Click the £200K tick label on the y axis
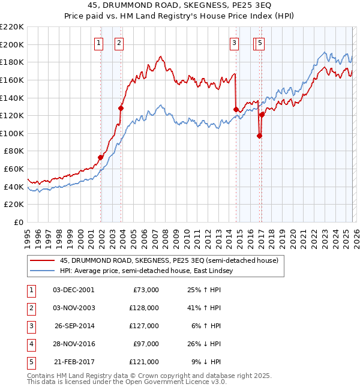pos(12,44)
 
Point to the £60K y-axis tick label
pos(14,169)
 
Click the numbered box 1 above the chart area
pos(99,43)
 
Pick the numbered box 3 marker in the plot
pos(235,43)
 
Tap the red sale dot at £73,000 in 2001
pos(101,157)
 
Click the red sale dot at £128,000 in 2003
pos(121,108)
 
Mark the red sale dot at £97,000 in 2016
pos(259,136)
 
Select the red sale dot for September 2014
pos(236,109)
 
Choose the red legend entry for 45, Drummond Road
pos(169,261)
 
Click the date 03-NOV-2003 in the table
pos(74,307)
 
